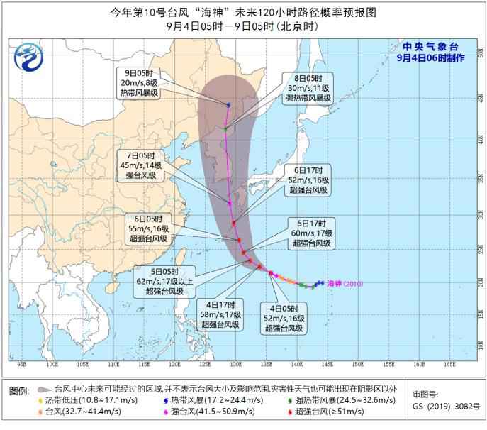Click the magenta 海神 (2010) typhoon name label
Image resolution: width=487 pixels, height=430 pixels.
(x=346, y=284)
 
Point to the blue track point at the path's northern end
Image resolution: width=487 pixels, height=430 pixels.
(x=228, y=105)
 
